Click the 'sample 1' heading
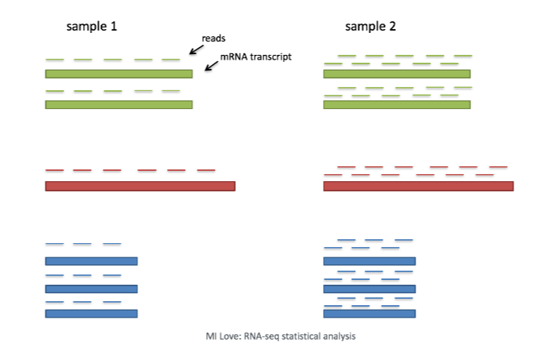pos(91,27)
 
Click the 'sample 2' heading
pos(370,27)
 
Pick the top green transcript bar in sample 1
pos(118,74)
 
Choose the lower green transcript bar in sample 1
pos(118,104)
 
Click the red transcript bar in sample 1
pos(140,186)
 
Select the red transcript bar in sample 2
pos(418,186)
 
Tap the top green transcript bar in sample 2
pos(397,74)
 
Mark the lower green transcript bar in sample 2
pos(397,104)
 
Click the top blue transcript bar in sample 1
pos(92,261)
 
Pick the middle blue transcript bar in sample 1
pos(92,288)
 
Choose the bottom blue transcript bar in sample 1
pos(92,314)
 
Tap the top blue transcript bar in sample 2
pos(369,261)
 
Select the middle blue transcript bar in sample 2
pos(369,288)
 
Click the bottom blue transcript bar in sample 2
pos(369,314)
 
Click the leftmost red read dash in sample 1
pos(54,170)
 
